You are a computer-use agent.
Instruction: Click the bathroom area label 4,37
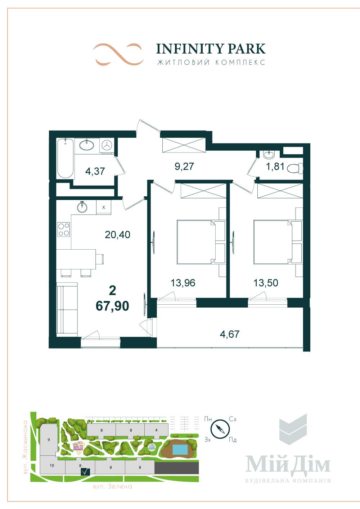(95, 171)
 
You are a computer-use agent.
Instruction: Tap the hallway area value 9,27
(184, 166)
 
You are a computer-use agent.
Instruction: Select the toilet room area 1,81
(275, 167)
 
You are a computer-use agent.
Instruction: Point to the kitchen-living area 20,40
(117, 235)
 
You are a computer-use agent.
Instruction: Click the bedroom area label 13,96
(183, 283)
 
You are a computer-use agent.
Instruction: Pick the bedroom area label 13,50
(266, 283)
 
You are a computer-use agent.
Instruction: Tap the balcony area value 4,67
(230, 334)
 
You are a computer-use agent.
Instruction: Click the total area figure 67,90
(112, 306)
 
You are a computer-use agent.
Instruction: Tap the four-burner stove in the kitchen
(64, 229)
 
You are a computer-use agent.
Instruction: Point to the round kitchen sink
(82, 207)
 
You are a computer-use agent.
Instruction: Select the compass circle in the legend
(220, 429)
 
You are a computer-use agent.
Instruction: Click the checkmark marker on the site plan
(85, 472)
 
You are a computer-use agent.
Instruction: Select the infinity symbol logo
(118, 54)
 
